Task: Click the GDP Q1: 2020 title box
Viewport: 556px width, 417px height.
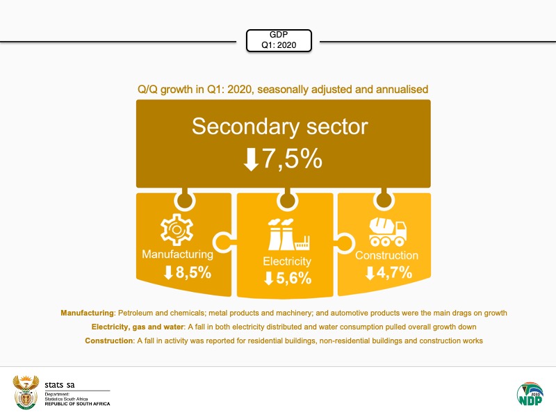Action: coord(278,40)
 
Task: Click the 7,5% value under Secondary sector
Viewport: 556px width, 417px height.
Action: coord(292,158)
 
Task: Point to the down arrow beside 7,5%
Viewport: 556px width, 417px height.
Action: coord(250,159)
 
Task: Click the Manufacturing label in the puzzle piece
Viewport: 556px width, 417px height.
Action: coord(177,254)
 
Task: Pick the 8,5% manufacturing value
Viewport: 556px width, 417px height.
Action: coord(193,272)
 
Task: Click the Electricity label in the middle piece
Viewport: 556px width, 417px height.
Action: coord(286,261)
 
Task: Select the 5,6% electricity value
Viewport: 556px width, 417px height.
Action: coord(294,279)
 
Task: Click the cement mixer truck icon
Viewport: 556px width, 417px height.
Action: coord(387,231)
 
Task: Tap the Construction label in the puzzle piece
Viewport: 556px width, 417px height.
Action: coord(386,255)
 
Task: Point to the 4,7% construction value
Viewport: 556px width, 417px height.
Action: coord(395,272)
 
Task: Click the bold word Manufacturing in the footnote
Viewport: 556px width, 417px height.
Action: coord(86,313)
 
